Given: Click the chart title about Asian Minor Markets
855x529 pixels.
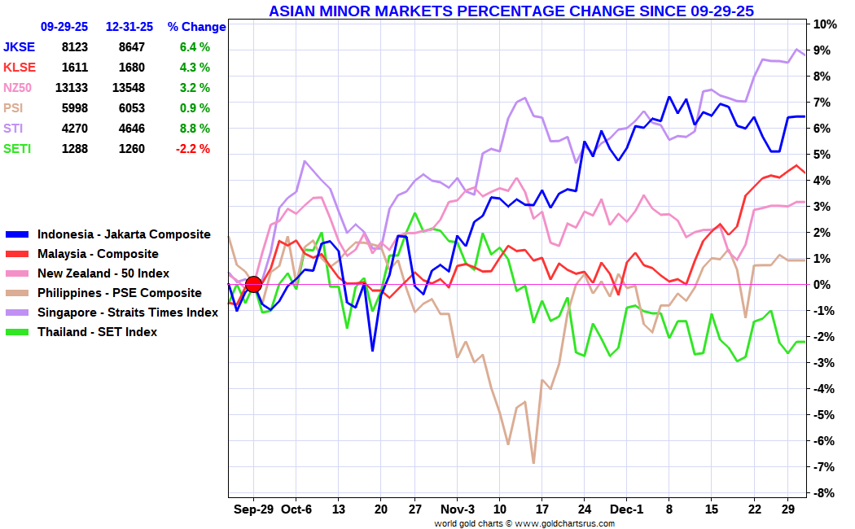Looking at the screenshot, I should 511,11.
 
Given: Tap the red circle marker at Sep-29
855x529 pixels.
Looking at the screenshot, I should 253,284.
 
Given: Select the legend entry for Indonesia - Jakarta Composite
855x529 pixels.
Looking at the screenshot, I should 124,234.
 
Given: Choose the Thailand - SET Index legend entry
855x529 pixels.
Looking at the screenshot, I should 97,332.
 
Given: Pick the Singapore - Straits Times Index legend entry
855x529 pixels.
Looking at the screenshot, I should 127,313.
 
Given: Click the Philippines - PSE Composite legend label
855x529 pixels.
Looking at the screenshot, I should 119,293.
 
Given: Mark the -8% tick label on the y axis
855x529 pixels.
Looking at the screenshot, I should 825,493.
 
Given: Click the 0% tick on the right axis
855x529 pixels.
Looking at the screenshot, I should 825,285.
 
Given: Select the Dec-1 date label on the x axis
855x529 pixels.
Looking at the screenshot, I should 626,509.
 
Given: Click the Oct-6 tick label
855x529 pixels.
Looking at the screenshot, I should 296,509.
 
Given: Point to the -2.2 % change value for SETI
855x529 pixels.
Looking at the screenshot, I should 192,149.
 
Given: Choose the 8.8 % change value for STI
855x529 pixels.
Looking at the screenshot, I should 195,129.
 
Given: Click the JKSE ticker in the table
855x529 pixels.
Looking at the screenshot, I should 19,47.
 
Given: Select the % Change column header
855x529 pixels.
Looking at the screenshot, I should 196,27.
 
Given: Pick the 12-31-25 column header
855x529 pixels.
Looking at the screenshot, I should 129,27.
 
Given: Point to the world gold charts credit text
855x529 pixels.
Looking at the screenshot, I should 524,523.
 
